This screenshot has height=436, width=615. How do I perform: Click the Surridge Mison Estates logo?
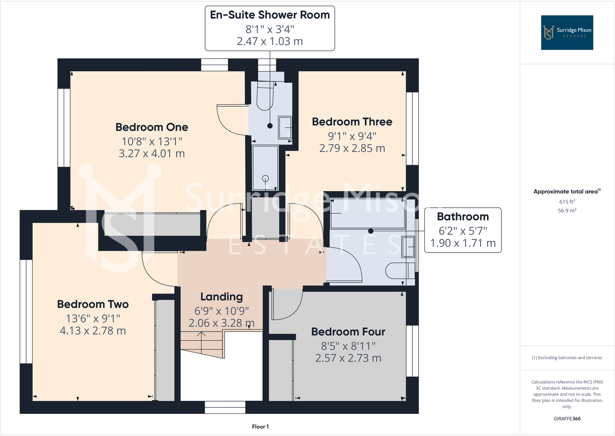coord(567,32)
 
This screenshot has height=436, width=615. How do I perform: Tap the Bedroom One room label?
coord(152,127)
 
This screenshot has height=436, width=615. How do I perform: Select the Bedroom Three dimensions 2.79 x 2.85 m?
coord(352,149)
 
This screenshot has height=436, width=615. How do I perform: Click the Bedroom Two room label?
coord(93,304)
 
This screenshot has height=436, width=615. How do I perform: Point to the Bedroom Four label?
coord(348,332)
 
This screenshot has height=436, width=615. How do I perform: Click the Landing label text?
coord(221,297)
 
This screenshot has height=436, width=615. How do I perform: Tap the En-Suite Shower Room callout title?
coord(270,15)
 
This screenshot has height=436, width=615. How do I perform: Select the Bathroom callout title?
coord(463,217)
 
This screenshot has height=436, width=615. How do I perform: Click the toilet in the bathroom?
coord(398,271)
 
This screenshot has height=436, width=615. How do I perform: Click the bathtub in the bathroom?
coord(367,214)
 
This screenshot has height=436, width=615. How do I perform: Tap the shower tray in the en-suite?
coord(265,167)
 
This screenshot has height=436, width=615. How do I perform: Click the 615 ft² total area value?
coord(567,202)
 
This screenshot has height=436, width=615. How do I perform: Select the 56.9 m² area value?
coord(567,211)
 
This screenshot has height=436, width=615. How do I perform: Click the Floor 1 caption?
coord(260,427)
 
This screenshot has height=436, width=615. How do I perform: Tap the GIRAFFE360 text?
coord(567,419)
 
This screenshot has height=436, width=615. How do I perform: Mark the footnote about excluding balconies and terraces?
coord(567,358)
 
